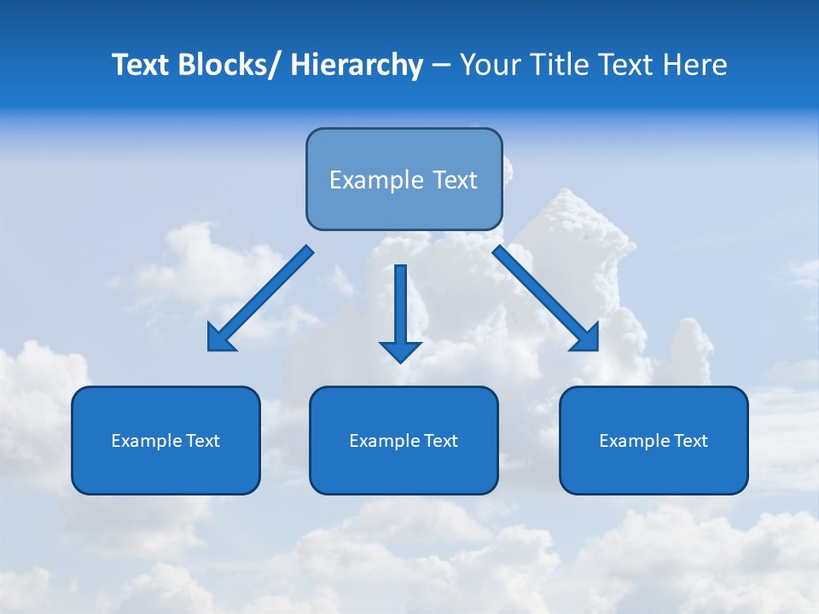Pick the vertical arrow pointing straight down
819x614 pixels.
click(400, 307)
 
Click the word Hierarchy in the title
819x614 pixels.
click(357, 65)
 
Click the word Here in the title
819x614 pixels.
click(696, 65)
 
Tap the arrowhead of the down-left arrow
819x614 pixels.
click(220, 339)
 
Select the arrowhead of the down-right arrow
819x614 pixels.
click(586, 339)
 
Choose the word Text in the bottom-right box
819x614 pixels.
click(690, 441)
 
